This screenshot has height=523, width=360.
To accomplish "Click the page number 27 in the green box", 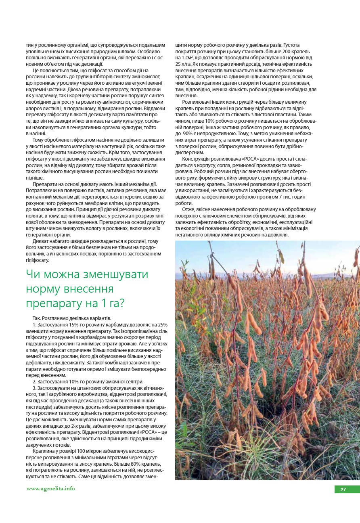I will tap(343, 490).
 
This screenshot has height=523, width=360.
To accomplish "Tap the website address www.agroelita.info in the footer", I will tap(50, 489).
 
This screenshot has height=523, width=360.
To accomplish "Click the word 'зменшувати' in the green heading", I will tap(112, 275).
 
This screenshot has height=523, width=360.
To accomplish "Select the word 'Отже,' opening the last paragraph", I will tap(189, 209).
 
